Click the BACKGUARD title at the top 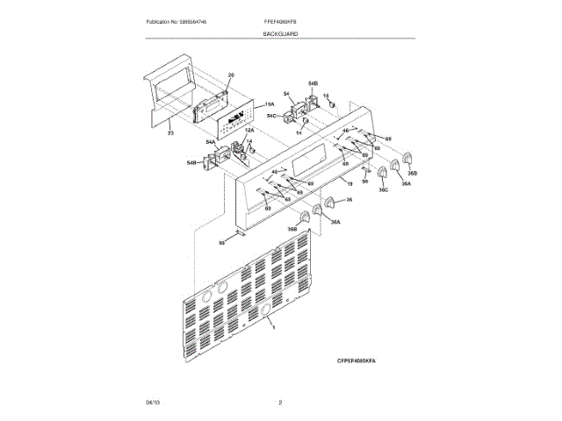pos(280,32)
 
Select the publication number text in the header pos(182,20)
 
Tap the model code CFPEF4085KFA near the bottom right pos(362,360)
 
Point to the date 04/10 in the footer pos(153,402)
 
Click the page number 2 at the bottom pos(280,402)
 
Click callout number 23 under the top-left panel pos(170,131)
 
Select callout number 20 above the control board pos(232,75)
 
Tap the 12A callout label pos(237,130)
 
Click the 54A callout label pos(212,141)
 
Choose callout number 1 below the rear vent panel pos(273,326)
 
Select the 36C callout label pos(383,189)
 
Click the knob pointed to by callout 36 pos(330,203)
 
